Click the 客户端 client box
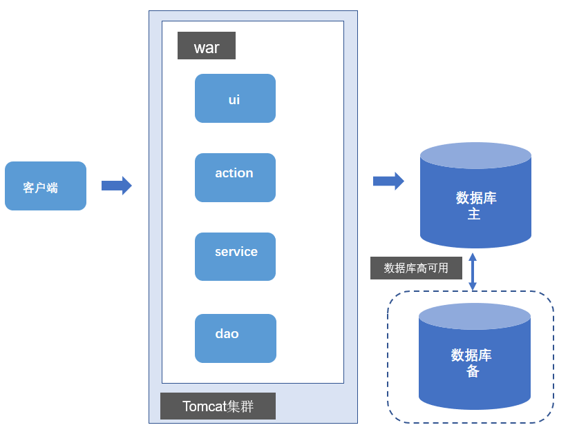click(x=46, y=186)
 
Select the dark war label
click(x=207, y=46)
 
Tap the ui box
click(x=235, y=99)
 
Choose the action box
click(x=235, y=177)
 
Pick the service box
click(x=235, y=257)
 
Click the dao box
click(x=236, y=338)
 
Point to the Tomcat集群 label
click(x=218, y=406)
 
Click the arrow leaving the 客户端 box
click(x=117, y=186)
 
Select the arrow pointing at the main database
click(x=389, y=181)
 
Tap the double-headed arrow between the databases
click(x=473, y=272)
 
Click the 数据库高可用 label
click(x=416, y=268)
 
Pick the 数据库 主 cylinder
click(x=475, y=195)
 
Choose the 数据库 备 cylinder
click(x=475, y=356)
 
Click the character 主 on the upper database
click(x=474, y=214)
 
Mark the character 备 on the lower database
click(x=473, y=371)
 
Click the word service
click(x=236, y=252)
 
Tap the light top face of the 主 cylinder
click(x=475, y=155)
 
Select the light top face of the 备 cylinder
click(x=475, y=317)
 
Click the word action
click(x=234, y=173)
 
